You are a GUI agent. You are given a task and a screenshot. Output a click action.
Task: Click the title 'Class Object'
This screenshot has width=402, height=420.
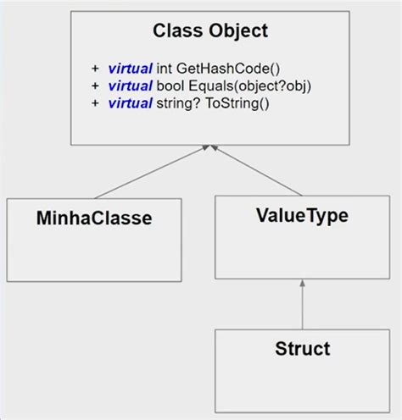[x=209, y=31]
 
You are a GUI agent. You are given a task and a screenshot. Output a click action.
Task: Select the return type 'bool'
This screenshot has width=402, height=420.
[x=168, y=85]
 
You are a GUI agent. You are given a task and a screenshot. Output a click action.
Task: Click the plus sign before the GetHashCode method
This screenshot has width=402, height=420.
[x=94, y=68]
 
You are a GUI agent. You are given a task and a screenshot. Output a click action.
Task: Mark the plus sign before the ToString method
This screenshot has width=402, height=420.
[x=94, y=102]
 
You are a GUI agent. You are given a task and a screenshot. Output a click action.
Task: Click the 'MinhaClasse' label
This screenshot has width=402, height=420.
[x=94, y=218]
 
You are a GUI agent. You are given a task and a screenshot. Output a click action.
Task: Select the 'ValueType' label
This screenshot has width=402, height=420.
[x=301, y=215]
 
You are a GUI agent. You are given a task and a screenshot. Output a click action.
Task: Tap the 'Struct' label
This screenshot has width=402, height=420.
[x=302, y=348]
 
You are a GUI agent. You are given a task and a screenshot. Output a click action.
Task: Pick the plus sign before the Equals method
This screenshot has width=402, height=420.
[x=94, y=85]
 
